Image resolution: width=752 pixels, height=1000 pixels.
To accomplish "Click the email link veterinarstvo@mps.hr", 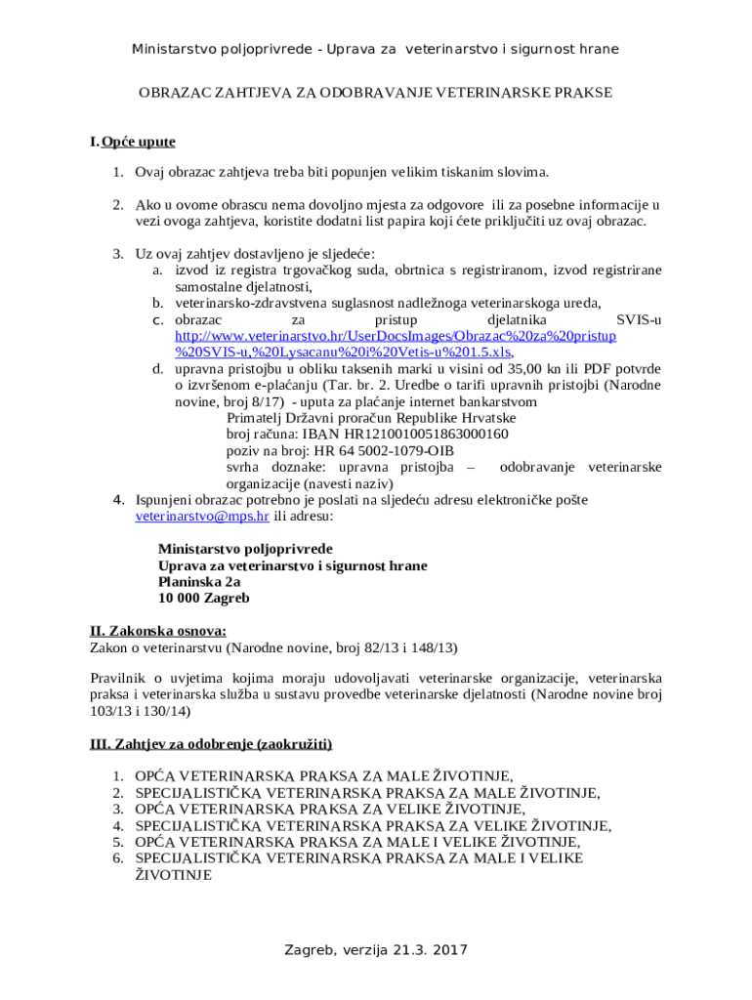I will click(x=201, y=516).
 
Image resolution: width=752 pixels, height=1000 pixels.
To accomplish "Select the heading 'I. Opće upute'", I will click(x=132, y=142).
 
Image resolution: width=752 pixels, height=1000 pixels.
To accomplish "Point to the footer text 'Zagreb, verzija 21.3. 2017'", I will click(x=376, y=949).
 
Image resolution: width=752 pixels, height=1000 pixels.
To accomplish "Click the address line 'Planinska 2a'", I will click(x=199, y=581).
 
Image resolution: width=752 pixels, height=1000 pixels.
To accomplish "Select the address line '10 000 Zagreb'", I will click(x=204, y=598).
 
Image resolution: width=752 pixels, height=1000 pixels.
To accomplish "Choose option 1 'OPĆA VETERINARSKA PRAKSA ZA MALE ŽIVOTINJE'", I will click(x=323, y=776).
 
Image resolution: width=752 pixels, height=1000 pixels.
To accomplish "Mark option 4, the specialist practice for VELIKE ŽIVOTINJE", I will click(x=373, y=826).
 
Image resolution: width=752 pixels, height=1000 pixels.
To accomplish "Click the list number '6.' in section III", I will click(x=117, y=858).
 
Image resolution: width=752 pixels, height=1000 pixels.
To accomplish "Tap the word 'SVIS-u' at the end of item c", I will click(x=639, y=319).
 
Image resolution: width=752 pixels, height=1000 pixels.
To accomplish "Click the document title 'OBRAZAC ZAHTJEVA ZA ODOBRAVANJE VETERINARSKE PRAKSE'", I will click(x=375, y=93).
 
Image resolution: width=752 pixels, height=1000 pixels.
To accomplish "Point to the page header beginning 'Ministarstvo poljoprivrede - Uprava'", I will click(x=375, y=49).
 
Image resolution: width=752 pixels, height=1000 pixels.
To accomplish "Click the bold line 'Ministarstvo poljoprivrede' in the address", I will click(x=245, y=549).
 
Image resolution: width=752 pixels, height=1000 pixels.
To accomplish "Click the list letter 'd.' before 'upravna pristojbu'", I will click(x=156, y=368).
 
